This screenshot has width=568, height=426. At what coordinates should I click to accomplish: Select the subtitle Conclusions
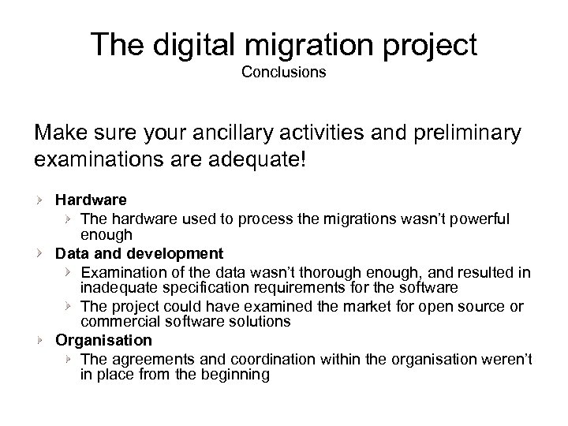pyautogui.click(x=283, y=73)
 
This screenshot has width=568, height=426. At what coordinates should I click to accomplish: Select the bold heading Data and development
pyautogui.click(x=139, y=254)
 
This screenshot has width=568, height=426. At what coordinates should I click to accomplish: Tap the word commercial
pyautogui.click(x=115, y=321)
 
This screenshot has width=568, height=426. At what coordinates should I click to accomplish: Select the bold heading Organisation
pyautogui.click(x=103, y=340)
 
